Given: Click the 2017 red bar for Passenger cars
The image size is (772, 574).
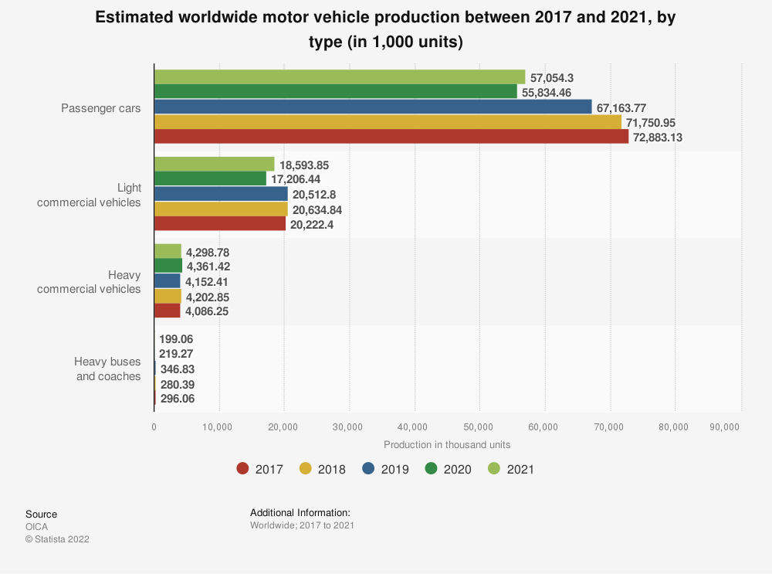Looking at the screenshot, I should coord(391,137).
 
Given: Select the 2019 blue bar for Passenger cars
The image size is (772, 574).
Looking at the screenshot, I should coord(373,107).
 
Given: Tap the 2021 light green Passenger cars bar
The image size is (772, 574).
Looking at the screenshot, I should coord(340,77).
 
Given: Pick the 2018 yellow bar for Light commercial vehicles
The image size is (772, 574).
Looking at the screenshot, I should coord(221,209).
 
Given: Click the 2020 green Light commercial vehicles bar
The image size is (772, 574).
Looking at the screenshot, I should coord(210,179).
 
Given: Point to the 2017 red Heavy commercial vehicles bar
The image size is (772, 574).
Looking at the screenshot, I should coord(167,311).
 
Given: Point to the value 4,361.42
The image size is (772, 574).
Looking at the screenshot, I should coord(208,267).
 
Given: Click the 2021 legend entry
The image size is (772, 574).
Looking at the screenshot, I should coord(512,469).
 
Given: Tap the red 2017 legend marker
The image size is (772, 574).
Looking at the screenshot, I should coord(242,469).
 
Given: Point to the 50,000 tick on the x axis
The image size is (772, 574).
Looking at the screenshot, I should coord(479,426).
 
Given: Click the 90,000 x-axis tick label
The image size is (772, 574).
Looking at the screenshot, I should coord(724,426).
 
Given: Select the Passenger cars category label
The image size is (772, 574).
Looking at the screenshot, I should coord(101,107).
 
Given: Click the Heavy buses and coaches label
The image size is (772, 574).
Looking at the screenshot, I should coord(107,369).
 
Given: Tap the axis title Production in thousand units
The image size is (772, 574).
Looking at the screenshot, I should coord(447,444).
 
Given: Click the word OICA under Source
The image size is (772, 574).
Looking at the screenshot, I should coord(36,527).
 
